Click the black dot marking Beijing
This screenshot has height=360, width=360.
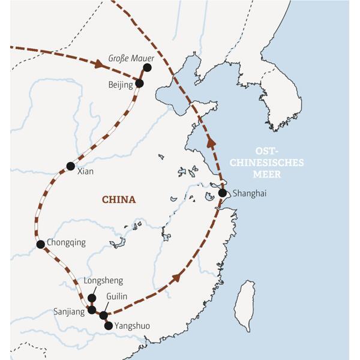coord(140,83)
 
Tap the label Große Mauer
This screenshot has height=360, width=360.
coord(131,59)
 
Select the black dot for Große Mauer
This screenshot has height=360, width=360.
coord(147,67)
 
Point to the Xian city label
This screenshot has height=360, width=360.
coord(86,171)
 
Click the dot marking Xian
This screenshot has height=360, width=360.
coord(71,166)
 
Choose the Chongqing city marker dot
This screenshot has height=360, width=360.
coord(40,244)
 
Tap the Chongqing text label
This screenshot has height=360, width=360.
coord(66,243)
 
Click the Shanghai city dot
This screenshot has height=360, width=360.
coord(223,193)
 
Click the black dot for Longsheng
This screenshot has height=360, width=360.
coord(92,298)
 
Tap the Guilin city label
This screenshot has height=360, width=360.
coord(116,296)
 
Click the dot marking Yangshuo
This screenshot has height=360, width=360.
coord(109,326)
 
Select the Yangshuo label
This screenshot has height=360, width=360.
coord(131,326)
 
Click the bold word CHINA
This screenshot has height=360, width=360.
coord(119,200)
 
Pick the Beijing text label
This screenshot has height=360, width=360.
coord(121,85)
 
